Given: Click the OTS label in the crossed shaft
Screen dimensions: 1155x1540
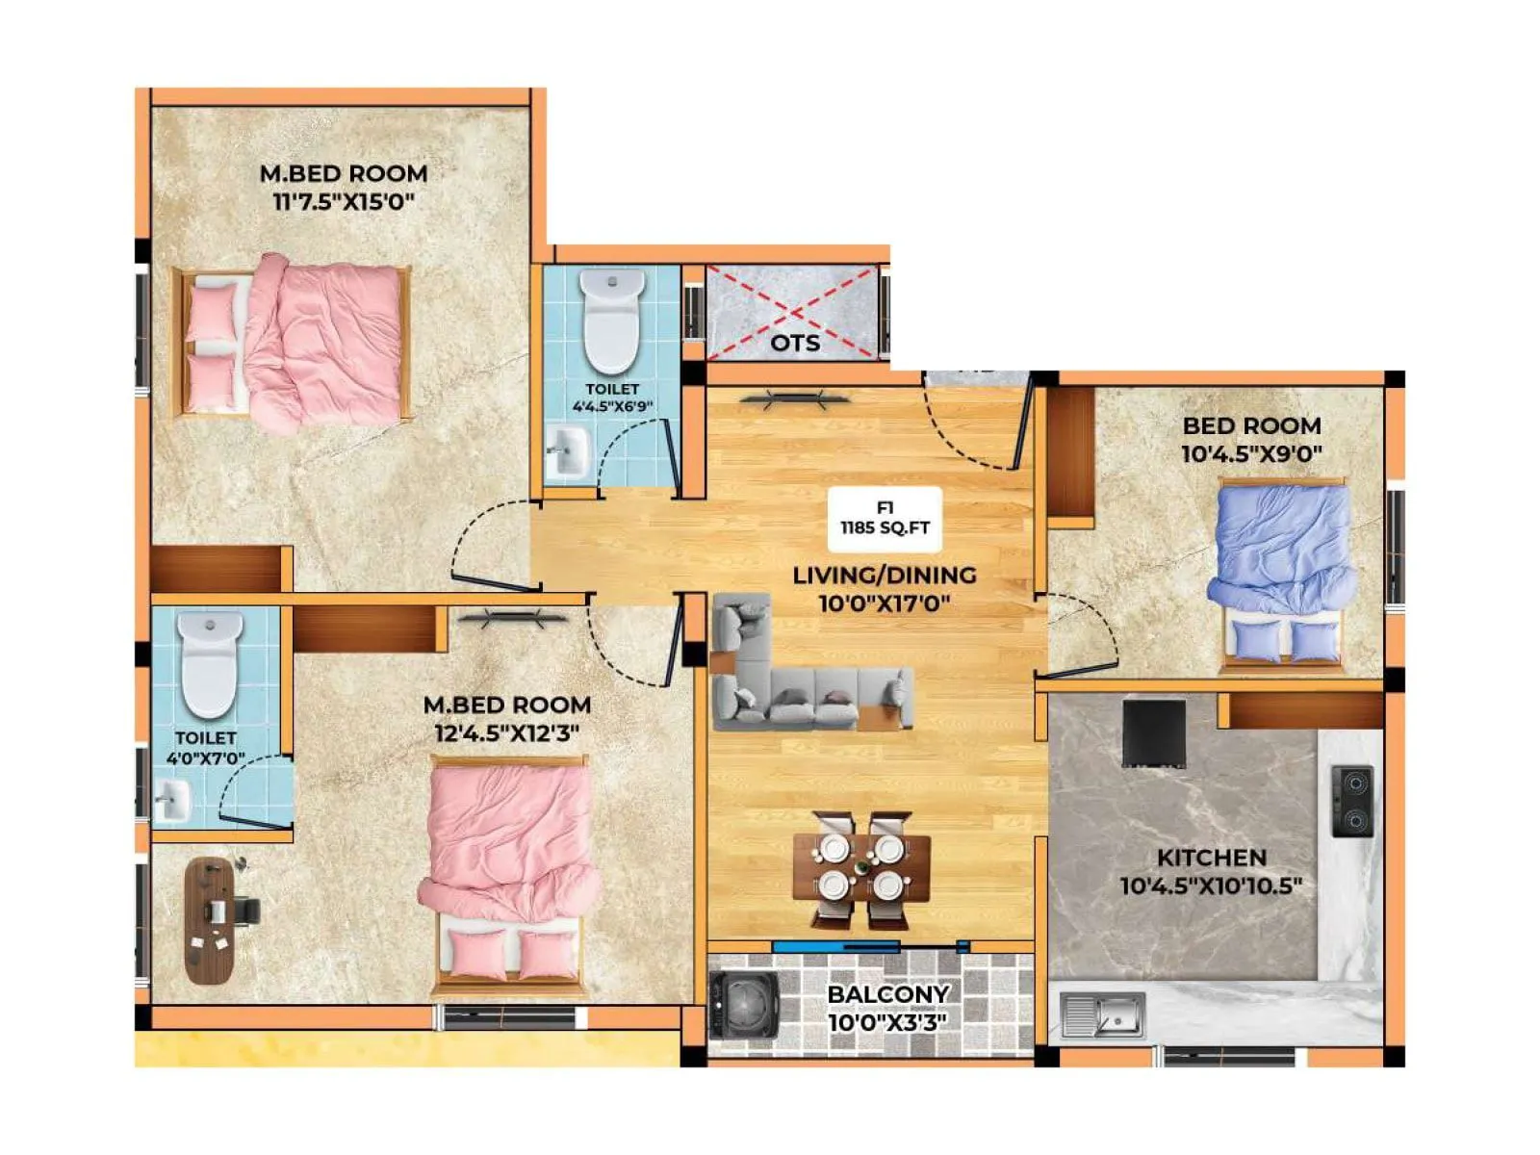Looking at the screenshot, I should click(x=795, y=343).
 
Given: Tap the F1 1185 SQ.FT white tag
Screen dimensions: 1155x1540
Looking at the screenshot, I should click(x=885, y=518).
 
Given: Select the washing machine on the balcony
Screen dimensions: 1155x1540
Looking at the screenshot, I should click(x=743, y=1005).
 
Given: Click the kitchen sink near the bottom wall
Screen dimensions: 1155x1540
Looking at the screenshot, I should click(x=1103, y=1014).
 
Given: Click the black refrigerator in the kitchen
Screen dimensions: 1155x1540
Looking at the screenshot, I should click(x=1154, y=733).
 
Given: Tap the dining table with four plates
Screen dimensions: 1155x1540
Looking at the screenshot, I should click(x=861, y=868).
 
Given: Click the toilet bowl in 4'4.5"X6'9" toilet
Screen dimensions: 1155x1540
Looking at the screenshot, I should click(x=612, y=321).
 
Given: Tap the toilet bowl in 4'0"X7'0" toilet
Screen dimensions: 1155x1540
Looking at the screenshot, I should click(x=210, y=664).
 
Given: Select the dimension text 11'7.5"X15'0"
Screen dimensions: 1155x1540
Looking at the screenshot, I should click(x=343, y=202).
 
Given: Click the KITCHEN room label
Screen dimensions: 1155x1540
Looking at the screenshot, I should click(x=1211, y=857).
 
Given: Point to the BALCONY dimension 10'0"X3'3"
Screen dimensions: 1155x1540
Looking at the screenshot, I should click(x=886, y=1022).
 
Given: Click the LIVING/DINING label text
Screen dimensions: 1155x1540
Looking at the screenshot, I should click(x=884, y=576).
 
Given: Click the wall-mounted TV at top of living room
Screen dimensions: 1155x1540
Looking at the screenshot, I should click(x=795, y=398).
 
